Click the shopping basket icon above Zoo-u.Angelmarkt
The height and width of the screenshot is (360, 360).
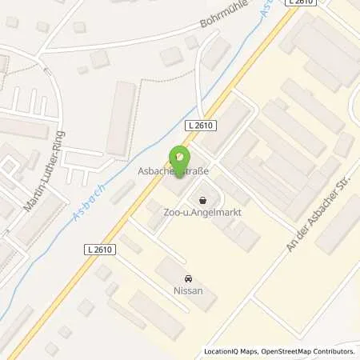201,200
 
